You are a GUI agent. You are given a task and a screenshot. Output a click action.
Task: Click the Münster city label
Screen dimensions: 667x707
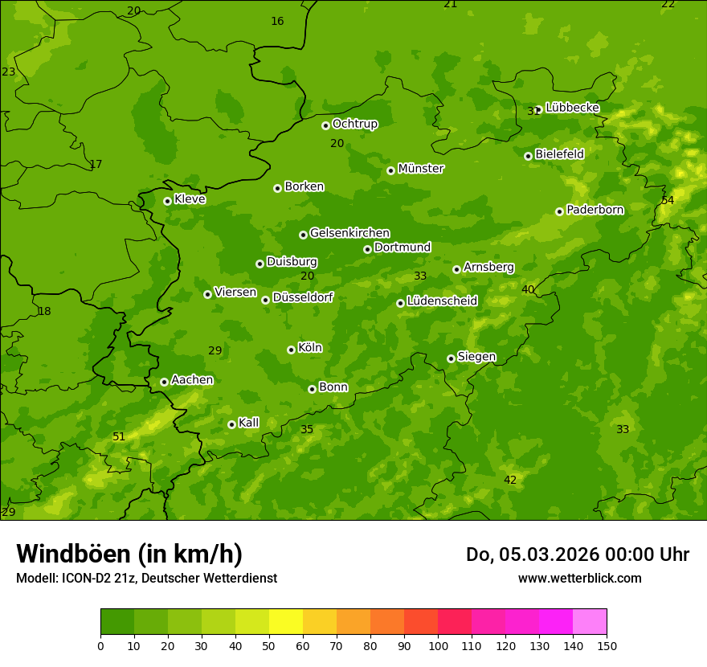click(x=420, y=169)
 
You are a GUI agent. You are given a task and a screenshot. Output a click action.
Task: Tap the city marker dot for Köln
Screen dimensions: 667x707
click(x=291, y=350)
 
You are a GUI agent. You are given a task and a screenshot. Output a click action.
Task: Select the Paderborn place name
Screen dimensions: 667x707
click(x=595, y=210)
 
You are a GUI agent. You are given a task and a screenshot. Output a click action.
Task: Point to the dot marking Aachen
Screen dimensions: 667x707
click(x=164, y=382)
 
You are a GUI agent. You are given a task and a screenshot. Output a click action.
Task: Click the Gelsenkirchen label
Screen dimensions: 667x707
click(x=349, y=233)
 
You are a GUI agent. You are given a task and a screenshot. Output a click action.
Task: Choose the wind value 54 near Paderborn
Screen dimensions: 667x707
click(x=668, y=200)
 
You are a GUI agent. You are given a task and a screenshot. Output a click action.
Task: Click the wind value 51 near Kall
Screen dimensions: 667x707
click(x=119, y=436)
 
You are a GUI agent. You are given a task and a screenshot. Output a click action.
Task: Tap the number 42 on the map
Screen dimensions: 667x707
click(x=510, y=480)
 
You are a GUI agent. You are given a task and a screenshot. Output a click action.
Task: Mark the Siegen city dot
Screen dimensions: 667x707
click(x=451, y=358)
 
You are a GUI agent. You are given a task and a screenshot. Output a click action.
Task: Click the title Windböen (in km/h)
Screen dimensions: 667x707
click(x=129, y=554)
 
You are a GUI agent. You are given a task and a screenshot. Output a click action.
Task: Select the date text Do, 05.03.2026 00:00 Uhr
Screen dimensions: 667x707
click(x=577, y=554)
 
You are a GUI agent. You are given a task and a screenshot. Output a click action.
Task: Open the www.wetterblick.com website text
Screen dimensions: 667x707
click(x=579, y=578)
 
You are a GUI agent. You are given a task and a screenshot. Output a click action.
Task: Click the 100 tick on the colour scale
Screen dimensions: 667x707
click(x=438, y=645)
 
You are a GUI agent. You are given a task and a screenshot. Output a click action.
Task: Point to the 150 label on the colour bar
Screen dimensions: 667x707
click(x=607, y=645)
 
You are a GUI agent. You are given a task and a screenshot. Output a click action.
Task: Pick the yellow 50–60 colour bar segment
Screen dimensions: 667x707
click(x=286, y=622)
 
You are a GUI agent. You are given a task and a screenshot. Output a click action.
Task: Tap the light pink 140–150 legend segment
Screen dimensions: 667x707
click(x=590, y=622)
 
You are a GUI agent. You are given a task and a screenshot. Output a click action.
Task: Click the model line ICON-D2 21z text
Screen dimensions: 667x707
click(x=146, y=578)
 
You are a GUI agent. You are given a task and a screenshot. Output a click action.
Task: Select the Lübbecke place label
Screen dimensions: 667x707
click(x=572, y=108)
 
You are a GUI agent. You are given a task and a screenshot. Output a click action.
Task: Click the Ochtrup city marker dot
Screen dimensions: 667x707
click(x=325, y=125)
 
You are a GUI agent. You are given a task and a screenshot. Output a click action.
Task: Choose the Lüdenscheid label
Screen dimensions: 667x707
click(x=442, y=301)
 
